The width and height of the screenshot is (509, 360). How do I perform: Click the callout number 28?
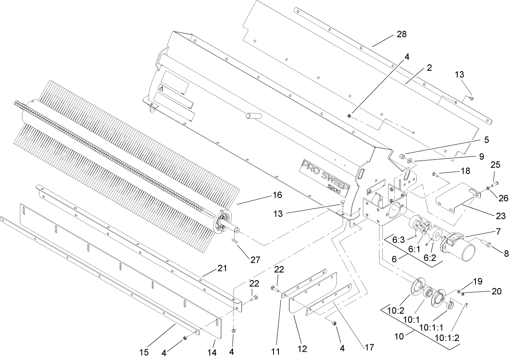point(401,34)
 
